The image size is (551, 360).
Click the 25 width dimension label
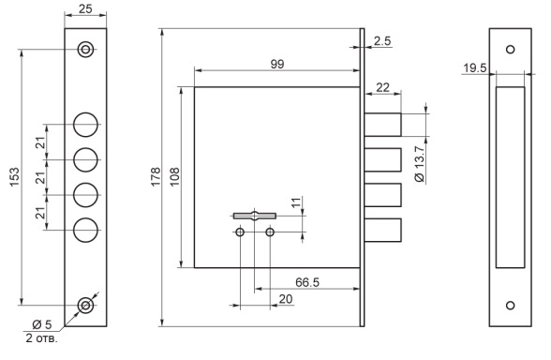[85, 8]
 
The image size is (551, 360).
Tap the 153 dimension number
[14, 177]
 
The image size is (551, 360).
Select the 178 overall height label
[156, 177]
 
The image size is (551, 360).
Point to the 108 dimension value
[174, 177]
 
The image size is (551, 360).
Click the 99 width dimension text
[277, 64]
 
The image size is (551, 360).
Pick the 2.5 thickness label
[382, 41]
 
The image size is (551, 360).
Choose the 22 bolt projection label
[382, 87]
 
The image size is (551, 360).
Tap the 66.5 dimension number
[307, 282]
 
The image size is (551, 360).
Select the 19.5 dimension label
[475, 67]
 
